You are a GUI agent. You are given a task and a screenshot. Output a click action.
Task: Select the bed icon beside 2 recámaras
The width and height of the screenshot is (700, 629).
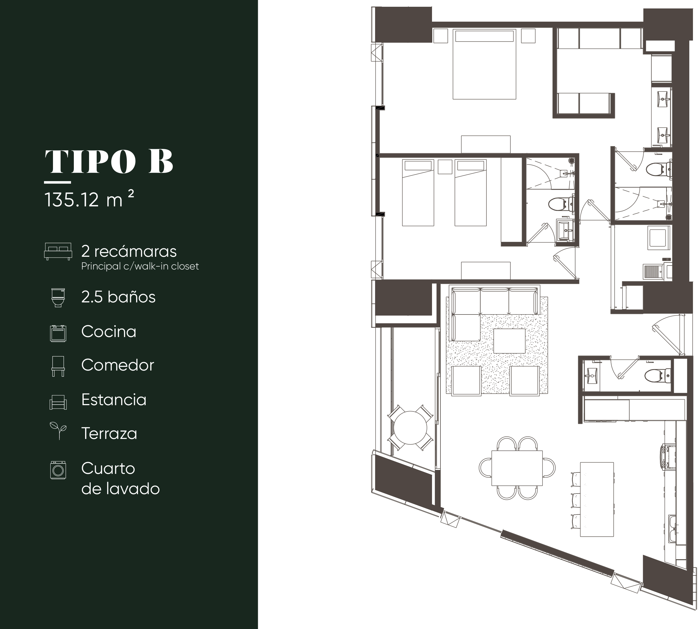click(x=58, y=251)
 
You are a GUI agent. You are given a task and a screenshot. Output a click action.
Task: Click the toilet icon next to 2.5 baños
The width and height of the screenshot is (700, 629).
click(x=58, y=298)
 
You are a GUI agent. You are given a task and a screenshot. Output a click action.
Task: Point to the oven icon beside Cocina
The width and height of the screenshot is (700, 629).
click(x=58, y=333)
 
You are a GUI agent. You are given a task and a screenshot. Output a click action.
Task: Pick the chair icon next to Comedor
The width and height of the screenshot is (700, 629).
click(x=58, y=366)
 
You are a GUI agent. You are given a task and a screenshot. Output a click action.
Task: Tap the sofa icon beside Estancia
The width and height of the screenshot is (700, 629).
click(x=58, y=402)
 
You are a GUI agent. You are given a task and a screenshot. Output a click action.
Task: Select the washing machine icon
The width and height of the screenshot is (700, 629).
click(x=58, y=470)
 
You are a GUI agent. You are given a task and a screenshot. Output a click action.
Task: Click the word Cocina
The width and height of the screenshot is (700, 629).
click(x=108, y=331)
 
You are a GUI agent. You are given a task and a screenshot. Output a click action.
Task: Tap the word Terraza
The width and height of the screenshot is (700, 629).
click(x=109, y=433)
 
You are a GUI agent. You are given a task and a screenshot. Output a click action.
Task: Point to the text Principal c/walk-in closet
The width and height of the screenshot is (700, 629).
click(x=140, y=266)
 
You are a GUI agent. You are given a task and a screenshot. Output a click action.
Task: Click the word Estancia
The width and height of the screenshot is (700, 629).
click(x=114, y=400)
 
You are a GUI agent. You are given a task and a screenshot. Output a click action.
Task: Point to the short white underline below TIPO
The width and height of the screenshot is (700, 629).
click(x=57, y=182)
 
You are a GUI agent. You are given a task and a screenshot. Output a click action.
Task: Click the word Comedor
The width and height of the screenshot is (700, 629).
click(x=118, y=365)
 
